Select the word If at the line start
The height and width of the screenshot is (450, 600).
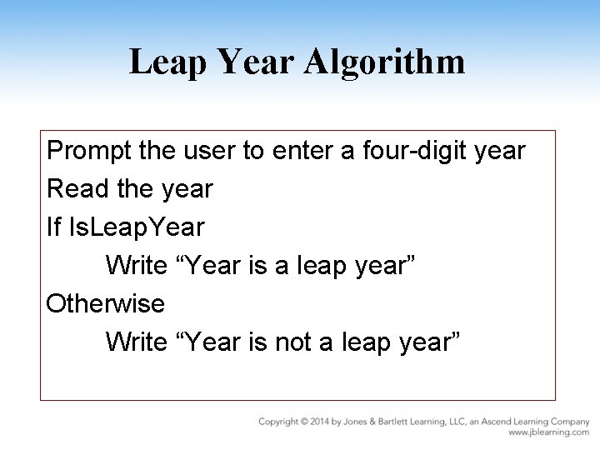[x=54, y=227]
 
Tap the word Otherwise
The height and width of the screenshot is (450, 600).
[x=106, y=303]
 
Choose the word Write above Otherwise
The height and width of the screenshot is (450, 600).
[x=137, y=266]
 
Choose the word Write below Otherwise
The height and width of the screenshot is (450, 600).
[x=137, y=342]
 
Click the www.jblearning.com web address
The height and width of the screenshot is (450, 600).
[x=549, y=432]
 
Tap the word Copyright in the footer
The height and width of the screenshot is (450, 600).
[x=279, y=422]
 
